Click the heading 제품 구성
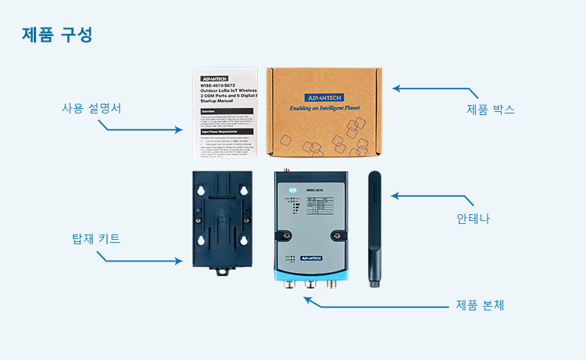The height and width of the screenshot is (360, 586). (x=57, y=35)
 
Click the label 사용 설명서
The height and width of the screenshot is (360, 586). (x=92, y=108)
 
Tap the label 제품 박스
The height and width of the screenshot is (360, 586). (x=491, y=109)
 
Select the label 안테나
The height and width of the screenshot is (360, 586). (x=473, y=219)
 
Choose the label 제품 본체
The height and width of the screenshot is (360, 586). (x=480, y=305)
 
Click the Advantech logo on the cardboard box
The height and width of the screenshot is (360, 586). (x=325, y=98)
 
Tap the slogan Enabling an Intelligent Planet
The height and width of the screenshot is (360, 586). (x=325, y=108)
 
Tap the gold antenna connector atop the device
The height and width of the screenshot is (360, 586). (x=285, y=172)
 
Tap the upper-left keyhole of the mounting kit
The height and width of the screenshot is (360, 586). (x=201, y=192)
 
